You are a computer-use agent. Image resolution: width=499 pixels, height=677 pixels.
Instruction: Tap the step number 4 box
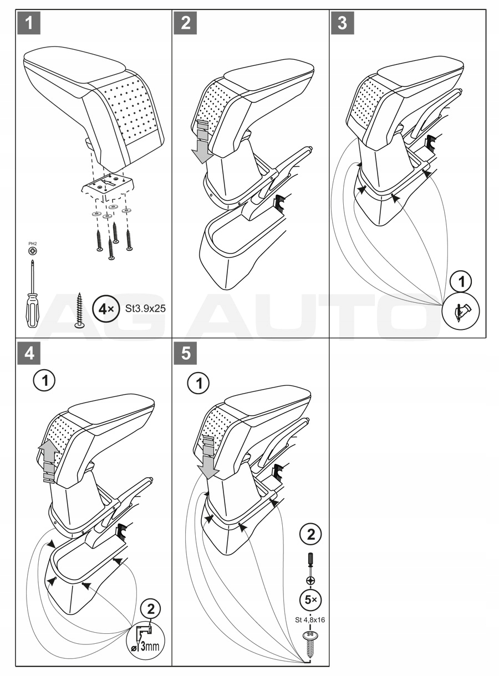28,354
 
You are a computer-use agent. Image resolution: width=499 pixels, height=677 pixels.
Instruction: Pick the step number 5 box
185,354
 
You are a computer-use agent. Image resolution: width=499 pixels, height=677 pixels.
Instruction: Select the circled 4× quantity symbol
105,308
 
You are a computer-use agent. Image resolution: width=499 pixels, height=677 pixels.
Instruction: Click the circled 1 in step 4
44,381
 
